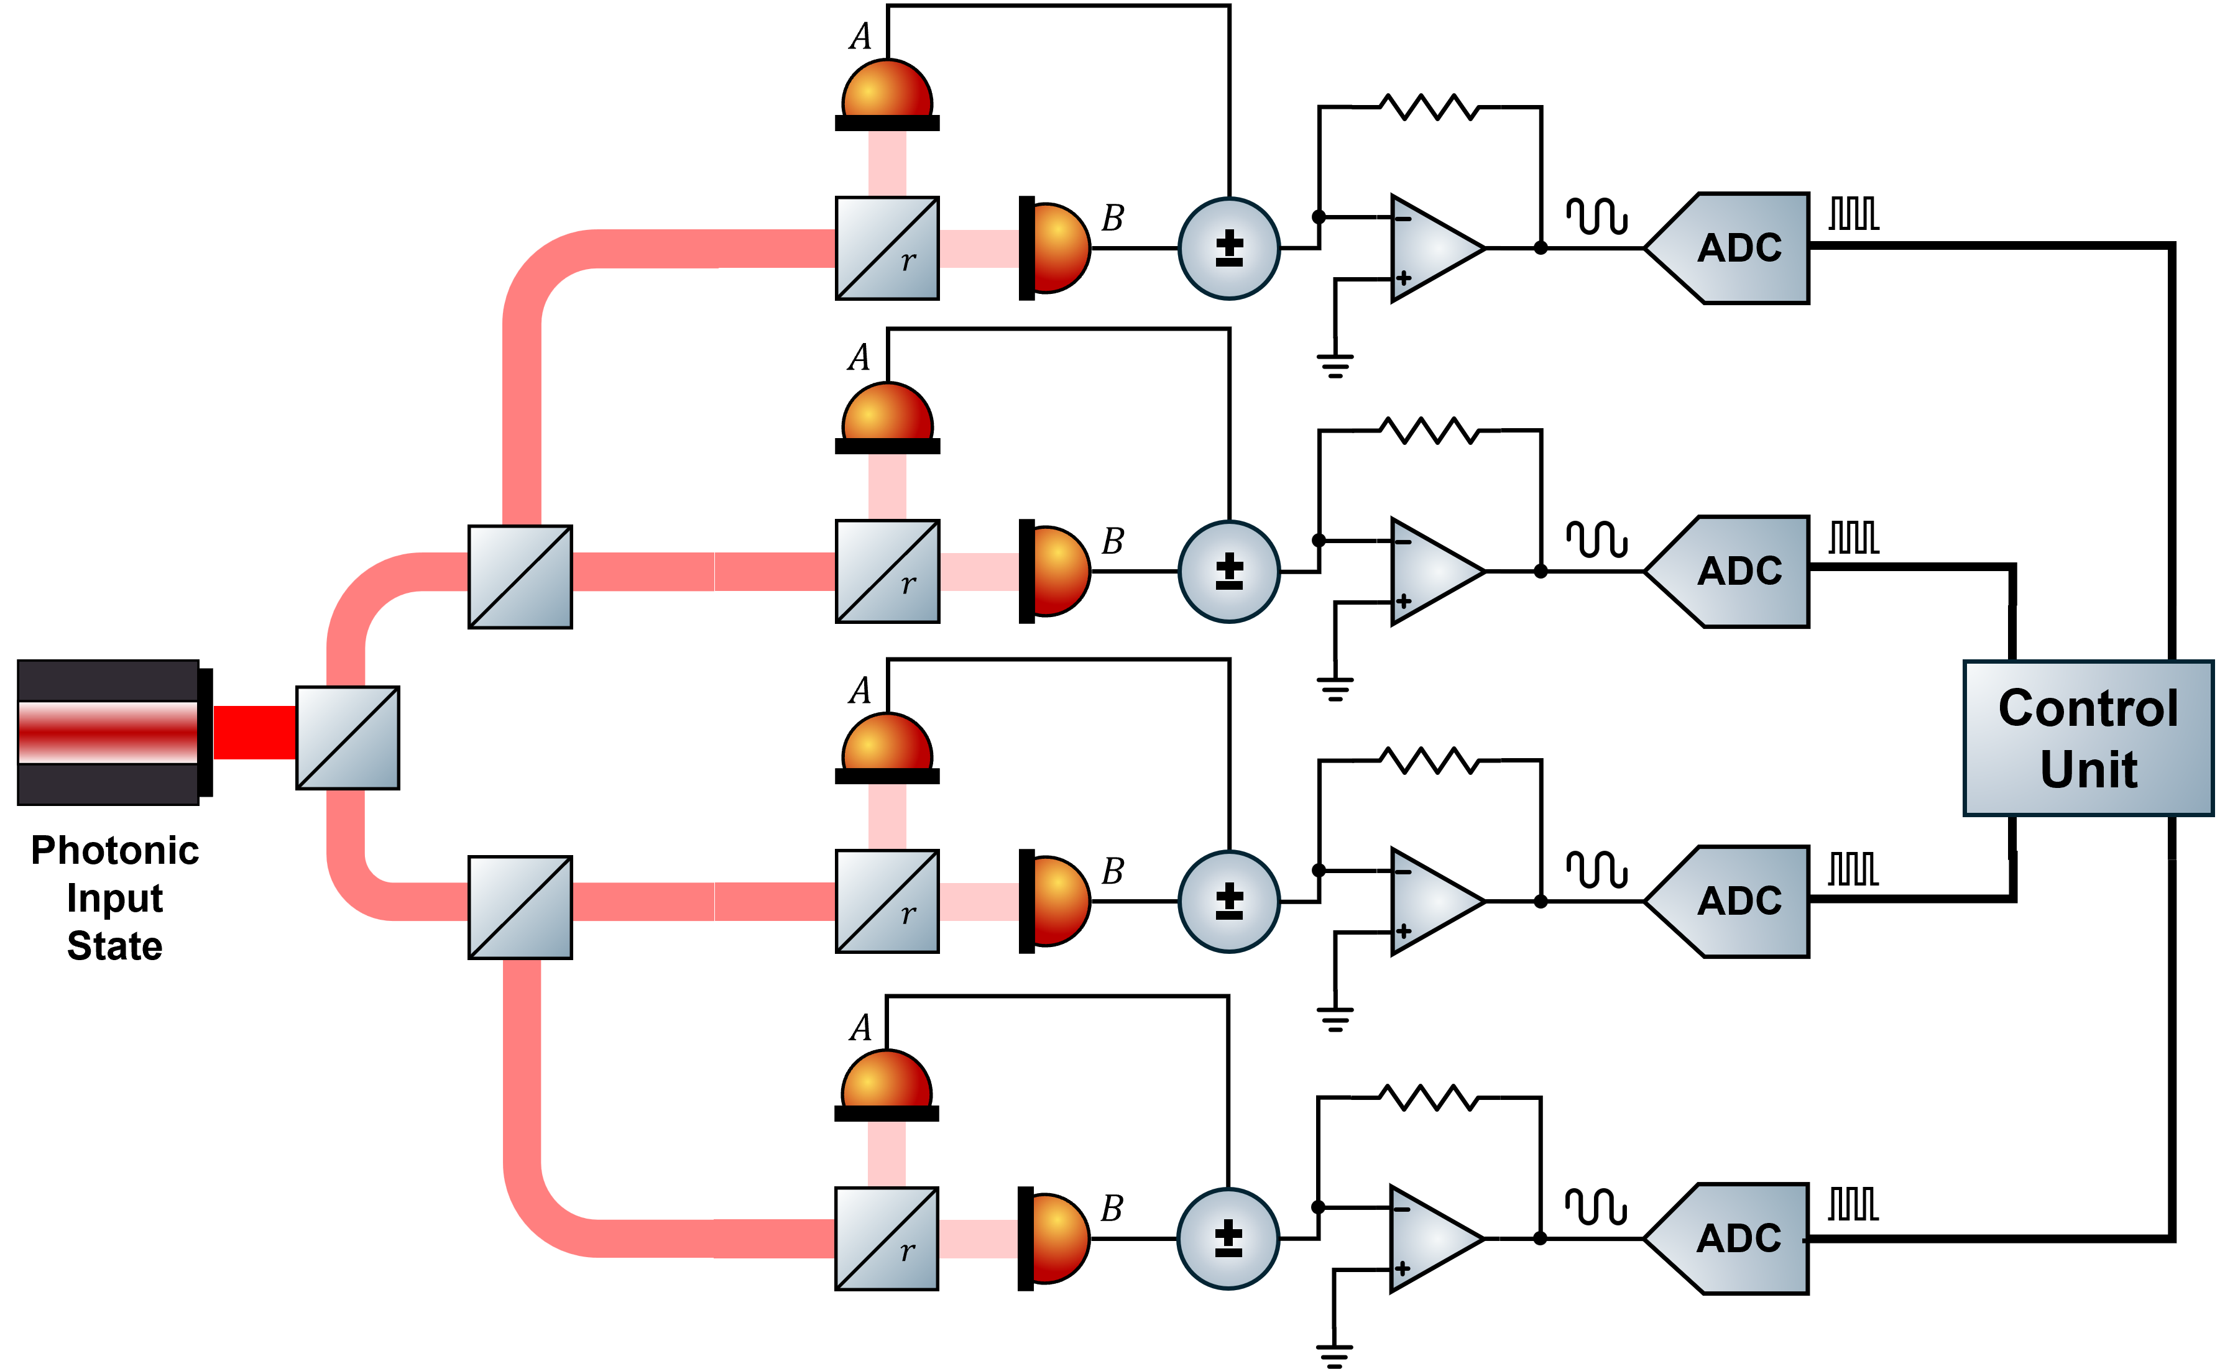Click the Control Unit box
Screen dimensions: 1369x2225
click(x=2088, y=738)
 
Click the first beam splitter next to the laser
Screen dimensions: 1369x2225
click(x=348, y=737)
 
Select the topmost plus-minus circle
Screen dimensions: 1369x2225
click(x=1229, y=248)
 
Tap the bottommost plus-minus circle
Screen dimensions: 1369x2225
click(x=1228, y=1238)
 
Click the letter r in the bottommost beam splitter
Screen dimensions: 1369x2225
click(x=908, y=1252)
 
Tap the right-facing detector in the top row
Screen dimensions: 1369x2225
click(x=1059, y=248)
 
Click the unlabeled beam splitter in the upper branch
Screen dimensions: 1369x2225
click(x=520, y=577)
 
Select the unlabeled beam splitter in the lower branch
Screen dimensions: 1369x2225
click(x=520, y=907)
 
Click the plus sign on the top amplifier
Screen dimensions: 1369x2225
click(x=1404, y=278)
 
